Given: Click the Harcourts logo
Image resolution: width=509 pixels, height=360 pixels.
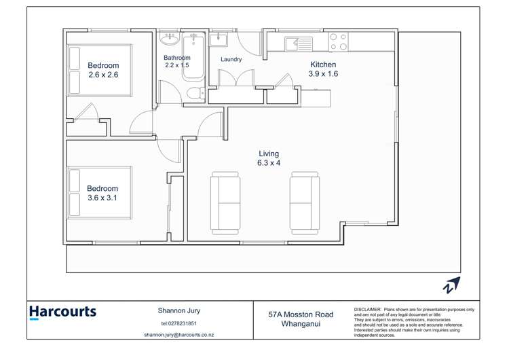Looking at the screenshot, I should point(62,313).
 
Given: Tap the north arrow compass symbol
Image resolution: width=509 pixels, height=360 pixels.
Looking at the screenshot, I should point(451,285).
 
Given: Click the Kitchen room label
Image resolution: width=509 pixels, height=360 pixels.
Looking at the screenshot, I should point(323,65).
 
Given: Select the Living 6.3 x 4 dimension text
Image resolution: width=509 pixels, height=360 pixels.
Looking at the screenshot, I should point(269,163).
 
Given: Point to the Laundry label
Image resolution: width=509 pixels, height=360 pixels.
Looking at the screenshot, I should point(231,60).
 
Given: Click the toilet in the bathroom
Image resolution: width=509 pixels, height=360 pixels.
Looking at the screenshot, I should point(193,92).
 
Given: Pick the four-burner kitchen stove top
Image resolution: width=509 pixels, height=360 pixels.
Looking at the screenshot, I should point(338,42).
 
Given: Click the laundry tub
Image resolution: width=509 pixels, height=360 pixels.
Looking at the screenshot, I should point(218,39).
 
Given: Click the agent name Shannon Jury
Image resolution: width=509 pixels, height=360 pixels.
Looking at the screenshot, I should point(179,311).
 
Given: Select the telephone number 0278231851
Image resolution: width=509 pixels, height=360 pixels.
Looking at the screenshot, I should point(179,323).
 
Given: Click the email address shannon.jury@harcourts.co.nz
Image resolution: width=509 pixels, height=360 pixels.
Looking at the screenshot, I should point(179,336).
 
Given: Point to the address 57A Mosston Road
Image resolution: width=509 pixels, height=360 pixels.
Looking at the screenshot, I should point(301,314).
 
